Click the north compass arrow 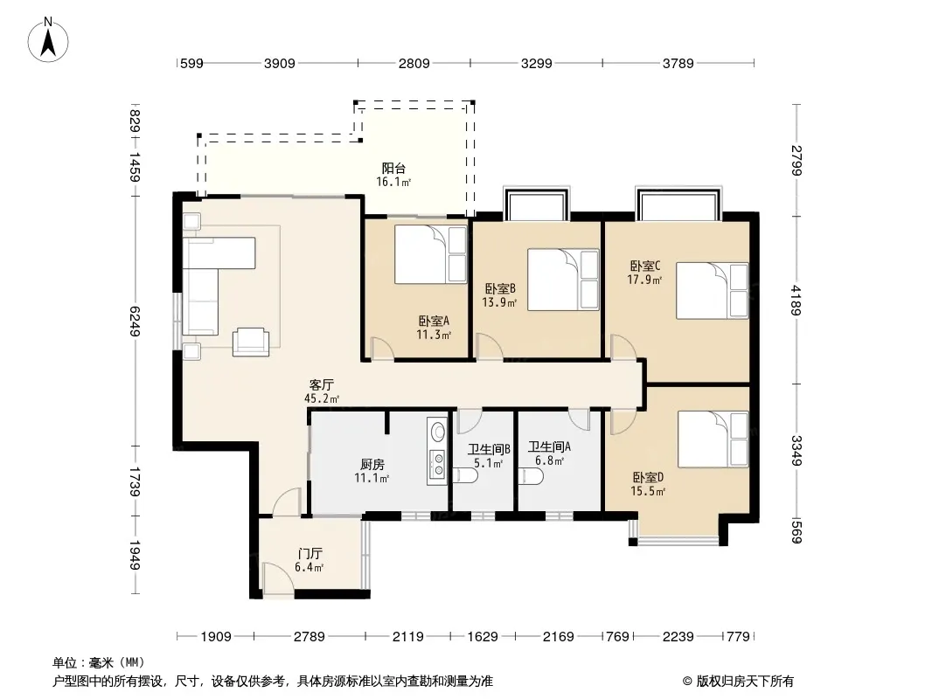pyautogui.click(x=48, y=41)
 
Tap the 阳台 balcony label pyautogui.click(x=393, y=169)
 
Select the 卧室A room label pyautogui.click(x=434, y=322)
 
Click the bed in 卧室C pyautogui.click(x=712, y=290)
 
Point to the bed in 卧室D pyautogui.click(x=713, y=439)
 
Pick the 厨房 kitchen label pyautogui.click(x=372, y=465)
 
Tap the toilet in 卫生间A pyautogui.click(x=530, y=476)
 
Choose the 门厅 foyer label pyautogui.click(x=310, y=553)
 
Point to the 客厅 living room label pyautogui.click(x=322, y=384)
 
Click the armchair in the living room pyautogui.click(x=250, y=342)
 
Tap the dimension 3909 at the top pyautogui.click(x=280, y=63)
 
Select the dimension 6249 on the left pyautogui.click(x=135, y=322)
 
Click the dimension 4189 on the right pyautogui.click(x=796, y=300)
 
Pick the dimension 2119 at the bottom pyautogui.click(x=407, y=637)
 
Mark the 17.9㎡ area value pyautogui.click(x=644, y=279)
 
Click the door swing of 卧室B pyautogui.click(x=490, y=346)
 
